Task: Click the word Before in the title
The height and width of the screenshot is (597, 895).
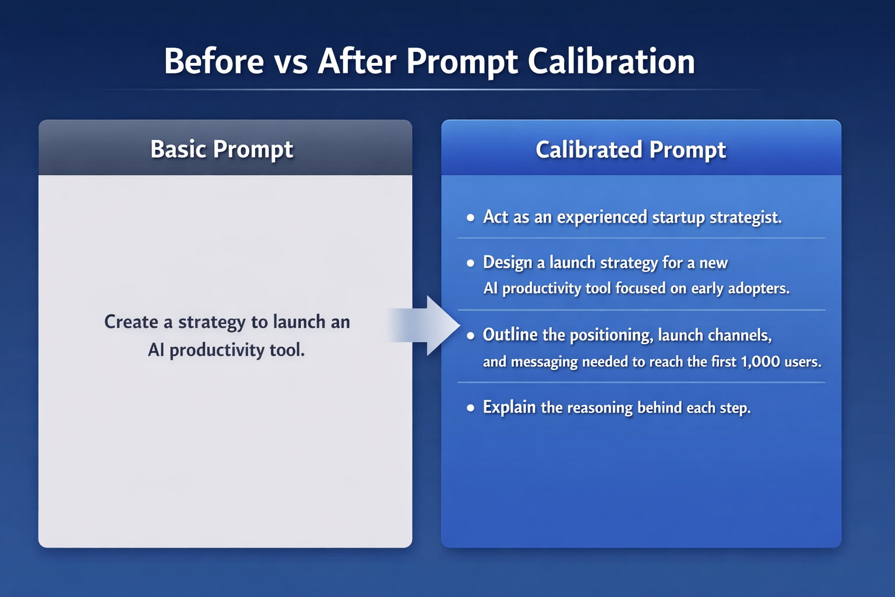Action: (214, 61)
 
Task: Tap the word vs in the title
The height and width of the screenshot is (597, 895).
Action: (291, 62)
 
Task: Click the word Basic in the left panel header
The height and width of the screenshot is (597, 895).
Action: (178, 149)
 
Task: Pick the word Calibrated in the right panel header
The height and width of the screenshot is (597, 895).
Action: (589, 150)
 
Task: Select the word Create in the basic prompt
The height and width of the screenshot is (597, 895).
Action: (131, 322)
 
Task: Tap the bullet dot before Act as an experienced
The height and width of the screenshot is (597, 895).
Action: (471, 218)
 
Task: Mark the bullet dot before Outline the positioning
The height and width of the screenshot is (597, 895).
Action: (471, 336)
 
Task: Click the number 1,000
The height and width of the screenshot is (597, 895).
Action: (760, 361)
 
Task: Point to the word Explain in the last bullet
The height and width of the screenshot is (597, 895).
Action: (509, 407)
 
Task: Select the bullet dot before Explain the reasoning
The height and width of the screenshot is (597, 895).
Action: (471, 408)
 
